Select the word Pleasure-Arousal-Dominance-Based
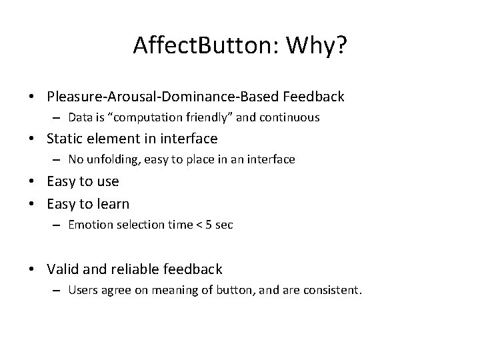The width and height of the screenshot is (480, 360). [x=163, y=97]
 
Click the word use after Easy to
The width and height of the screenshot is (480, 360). [x=105, y=181]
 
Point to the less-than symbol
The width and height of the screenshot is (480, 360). [x=196, y=225]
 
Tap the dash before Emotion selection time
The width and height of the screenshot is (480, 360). [x=58, y=225]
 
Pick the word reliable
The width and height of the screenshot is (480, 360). [x=133, y=269]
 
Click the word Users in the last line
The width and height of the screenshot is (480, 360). [x=83, y=290]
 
